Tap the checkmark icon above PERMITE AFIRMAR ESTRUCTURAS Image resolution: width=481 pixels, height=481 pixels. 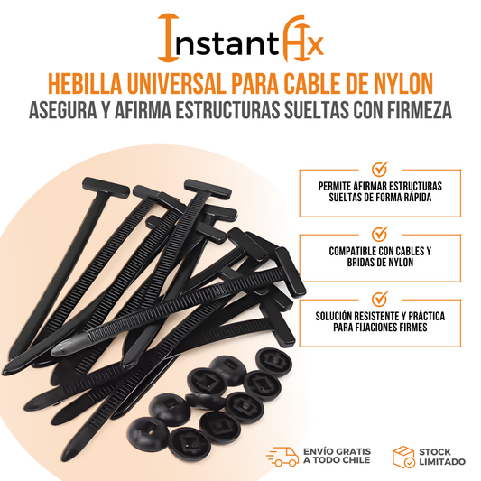[380, 169]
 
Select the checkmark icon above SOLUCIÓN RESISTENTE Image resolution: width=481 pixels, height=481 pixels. [380, 298]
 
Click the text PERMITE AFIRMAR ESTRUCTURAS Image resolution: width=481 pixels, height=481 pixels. [380, 184]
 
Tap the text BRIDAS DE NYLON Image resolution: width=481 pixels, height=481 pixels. [380, 263]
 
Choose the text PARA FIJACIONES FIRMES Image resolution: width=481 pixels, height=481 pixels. [380, 328]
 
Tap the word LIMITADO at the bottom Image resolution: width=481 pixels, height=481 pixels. [441, 461]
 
